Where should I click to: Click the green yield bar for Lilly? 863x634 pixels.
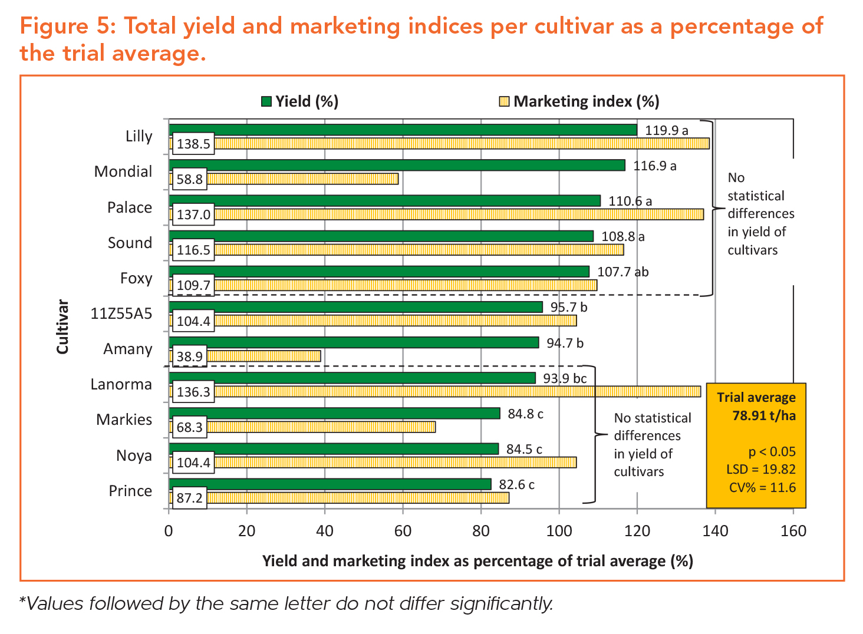point(403,130)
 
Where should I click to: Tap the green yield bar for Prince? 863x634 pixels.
point(330,484)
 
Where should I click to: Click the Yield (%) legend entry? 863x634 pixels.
point(300,101)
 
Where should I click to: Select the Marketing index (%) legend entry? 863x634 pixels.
point(579,101)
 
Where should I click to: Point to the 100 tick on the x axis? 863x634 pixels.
point(559,531)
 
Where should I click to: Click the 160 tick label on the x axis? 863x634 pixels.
point(793,531)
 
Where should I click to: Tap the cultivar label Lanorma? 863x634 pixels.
point(121,384)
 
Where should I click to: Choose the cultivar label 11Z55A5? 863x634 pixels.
point(121,313)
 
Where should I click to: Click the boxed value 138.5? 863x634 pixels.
point(193,144)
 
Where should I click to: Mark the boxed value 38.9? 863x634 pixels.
point(190,356)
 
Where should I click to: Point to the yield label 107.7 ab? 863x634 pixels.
point(622,272)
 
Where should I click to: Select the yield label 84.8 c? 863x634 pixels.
point(525,414)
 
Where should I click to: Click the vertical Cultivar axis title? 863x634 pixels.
point(63,327)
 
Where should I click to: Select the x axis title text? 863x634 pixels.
point(477,561)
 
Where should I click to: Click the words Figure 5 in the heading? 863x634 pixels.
point(68,27)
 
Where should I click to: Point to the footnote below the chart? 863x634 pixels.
point(286,603)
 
